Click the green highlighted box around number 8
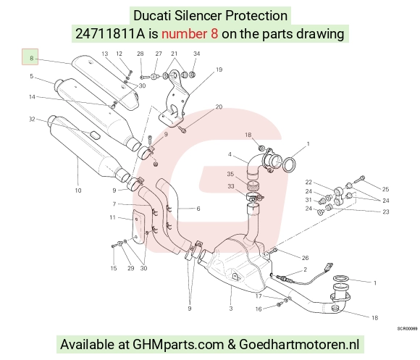[30, 56]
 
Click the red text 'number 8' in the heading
[190, 34]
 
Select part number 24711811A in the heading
[110, 34]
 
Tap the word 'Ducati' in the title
[152, 15]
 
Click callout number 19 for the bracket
[219, 70]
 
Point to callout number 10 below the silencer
[78, 191]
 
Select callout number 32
[32, 119]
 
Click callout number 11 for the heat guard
[112, 217]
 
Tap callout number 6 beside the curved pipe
[198, 209]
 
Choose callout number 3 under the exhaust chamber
[231, 309]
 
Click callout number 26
[305, 258]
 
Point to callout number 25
[385, 189]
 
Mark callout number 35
[230, 174]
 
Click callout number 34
[197, 54]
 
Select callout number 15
[114, 268]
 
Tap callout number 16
[259, 309]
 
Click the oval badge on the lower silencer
[95, 135]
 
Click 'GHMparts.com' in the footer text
[178, 344]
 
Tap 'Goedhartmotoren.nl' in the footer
[299, 344]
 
